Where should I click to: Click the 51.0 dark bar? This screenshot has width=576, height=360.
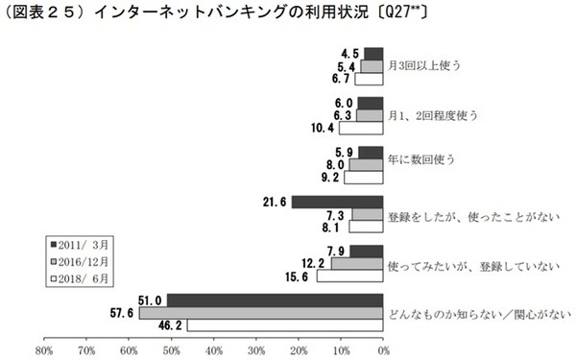click(275, 300)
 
